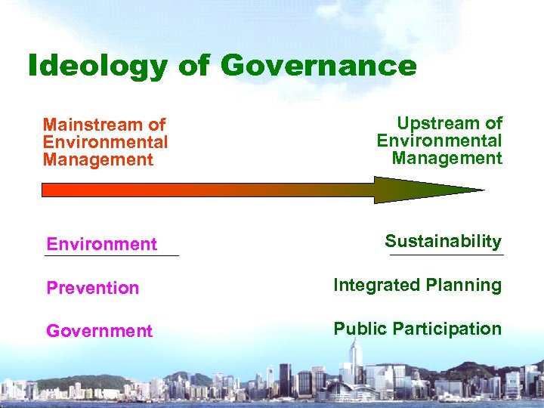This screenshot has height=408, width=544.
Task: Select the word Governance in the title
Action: point(318,66)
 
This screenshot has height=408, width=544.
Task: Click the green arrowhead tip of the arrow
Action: point(481,190)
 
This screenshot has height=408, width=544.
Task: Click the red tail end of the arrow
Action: point(45,190)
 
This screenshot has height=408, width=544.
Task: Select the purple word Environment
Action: point(101,244)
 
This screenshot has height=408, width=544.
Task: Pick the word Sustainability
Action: point(443,242)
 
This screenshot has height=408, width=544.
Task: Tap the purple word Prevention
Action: point(93,288)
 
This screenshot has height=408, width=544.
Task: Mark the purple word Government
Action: point(99,331)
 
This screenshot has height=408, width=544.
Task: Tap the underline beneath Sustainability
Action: point(446,255)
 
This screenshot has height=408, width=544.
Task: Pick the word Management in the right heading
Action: point(447,158)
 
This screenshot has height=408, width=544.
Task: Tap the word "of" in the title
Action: point(193,66)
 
